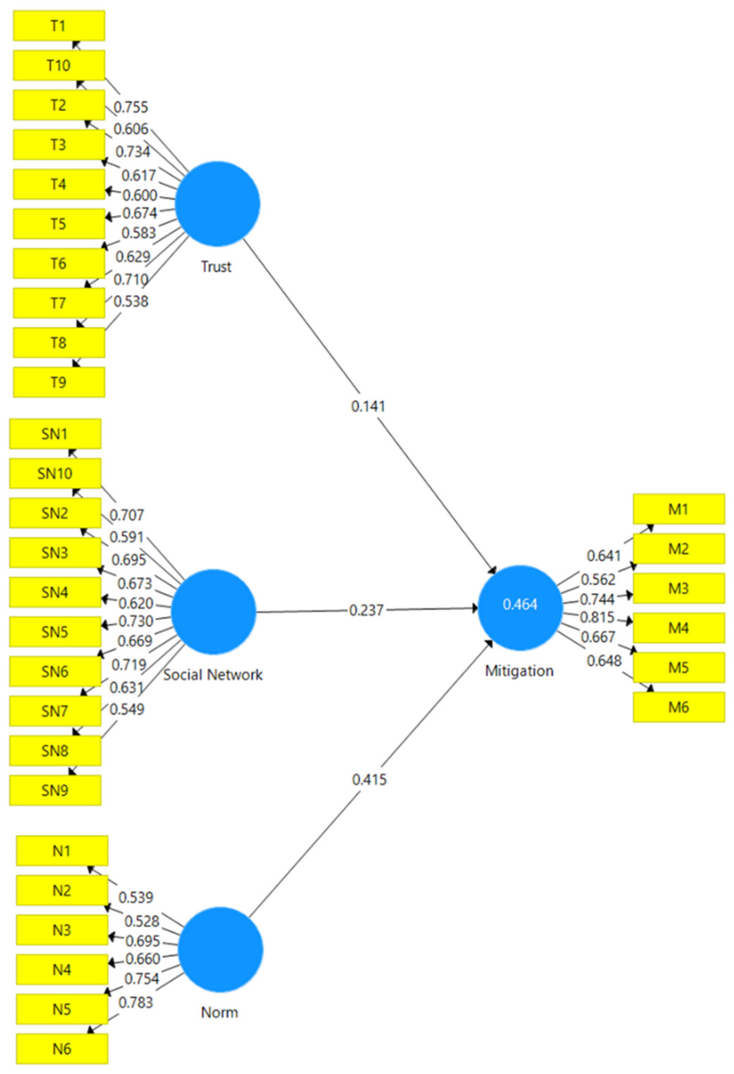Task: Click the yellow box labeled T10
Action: tap(59, 65)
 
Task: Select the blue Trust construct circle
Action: tap(217, 203)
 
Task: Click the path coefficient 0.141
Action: tap(368, 406)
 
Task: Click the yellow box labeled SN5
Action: tap(55, 631)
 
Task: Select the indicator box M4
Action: tap(678, 627)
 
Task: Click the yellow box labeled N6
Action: tap(62, 1049)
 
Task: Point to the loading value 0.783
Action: tap(135, 1002)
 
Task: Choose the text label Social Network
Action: tap(213, 675)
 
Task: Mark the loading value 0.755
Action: tap(131, 107)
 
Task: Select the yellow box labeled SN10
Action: tap(55, 473)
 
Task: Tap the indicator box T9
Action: tap(59, 382)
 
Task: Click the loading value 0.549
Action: tap(127, 709)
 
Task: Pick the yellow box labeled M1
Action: tap(678, 509)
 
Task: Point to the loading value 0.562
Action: tap(598, 579)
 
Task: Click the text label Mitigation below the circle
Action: tap(519, 671)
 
